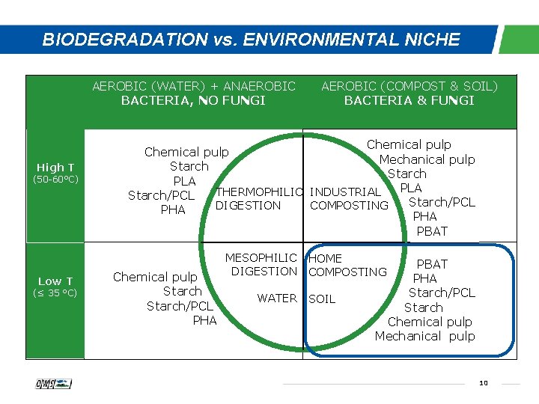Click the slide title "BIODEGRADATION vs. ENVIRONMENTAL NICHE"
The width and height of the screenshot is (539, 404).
[251, 40]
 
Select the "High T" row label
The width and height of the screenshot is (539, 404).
[55, 168]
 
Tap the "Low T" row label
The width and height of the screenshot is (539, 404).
[55, 281]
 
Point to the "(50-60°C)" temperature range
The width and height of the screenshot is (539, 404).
[55, 180]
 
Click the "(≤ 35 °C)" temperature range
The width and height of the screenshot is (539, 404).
[55, 293]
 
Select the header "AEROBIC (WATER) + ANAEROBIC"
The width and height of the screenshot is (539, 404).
[194, 86]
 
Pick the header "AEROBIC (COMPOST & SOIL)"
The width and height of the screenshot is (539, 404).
[409, 86]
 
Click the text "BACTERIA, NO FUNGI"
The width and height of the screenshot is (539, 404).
[193, 100]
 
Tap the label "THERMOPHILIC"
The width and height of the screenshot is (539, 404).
[259, 192]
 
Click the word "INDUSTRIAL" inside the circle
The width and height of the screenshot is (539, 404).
[345, 192]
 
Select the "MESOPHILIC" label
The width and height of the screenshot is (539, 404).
[261, 258]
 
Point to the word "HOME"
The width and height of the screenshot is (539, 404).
[325, 259]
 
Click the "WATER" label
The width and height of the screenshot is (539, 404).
[277, 299]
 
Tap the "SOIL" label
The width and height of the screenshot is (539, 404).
[322, 299]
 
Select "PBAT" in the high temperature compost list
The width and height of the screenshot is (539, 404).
[432, 231]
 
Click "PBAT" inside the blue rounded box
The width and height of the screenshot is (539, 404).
[432, 264]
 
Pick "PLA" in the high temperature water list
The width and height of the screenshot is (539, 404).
[184, 181]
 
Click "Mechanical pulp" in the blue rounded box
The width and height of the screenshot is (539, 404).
[424, 336]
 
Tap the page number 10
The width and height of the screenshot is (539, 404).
[483, 383]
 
